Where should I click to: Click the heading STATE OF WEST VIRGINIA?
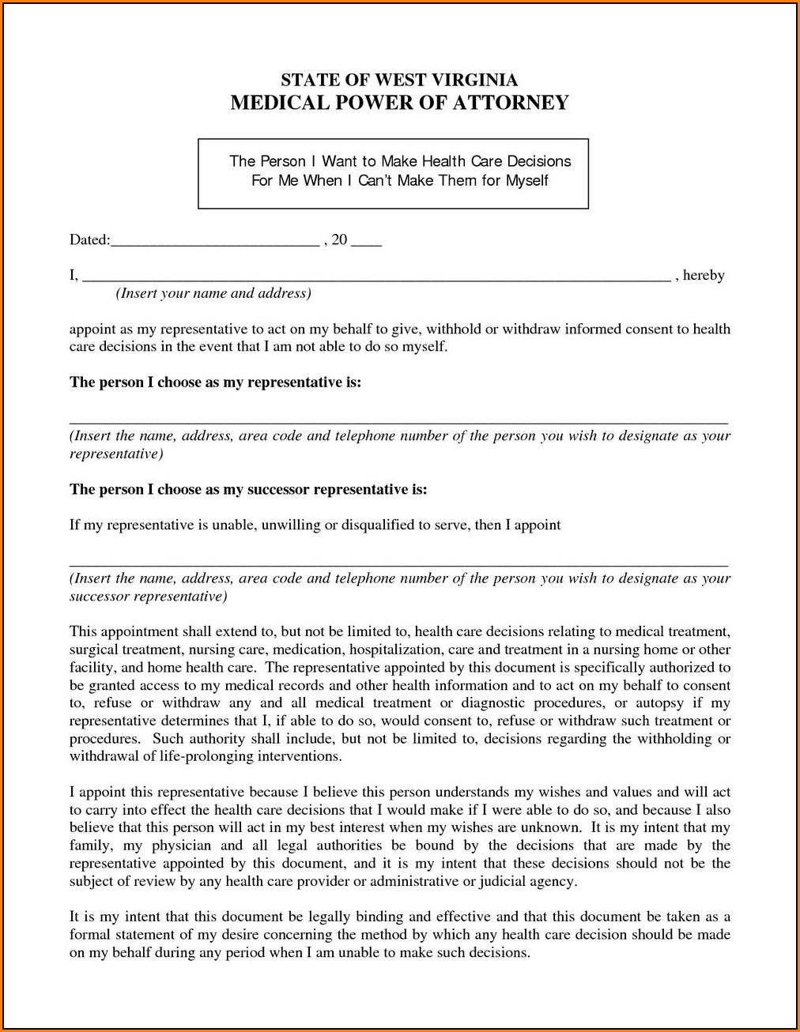point(399,80)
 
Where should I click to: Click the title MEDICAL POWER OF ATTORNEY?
point(399,103)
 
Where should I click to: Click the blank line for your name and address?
point(376,279)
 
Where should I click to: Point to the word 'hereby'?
point(704,275)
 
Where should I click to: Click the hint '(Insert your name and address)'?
point(213,293)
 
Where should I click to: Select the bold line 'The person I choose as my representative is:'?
point(215,382)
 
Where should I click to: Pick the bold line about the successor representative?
point(248,489)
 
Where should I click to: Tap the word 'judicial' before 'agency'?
point(504,881)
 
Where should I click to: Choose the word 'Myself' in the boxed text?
point(527,180)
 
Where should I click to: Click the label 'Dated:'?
point(89,240)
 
